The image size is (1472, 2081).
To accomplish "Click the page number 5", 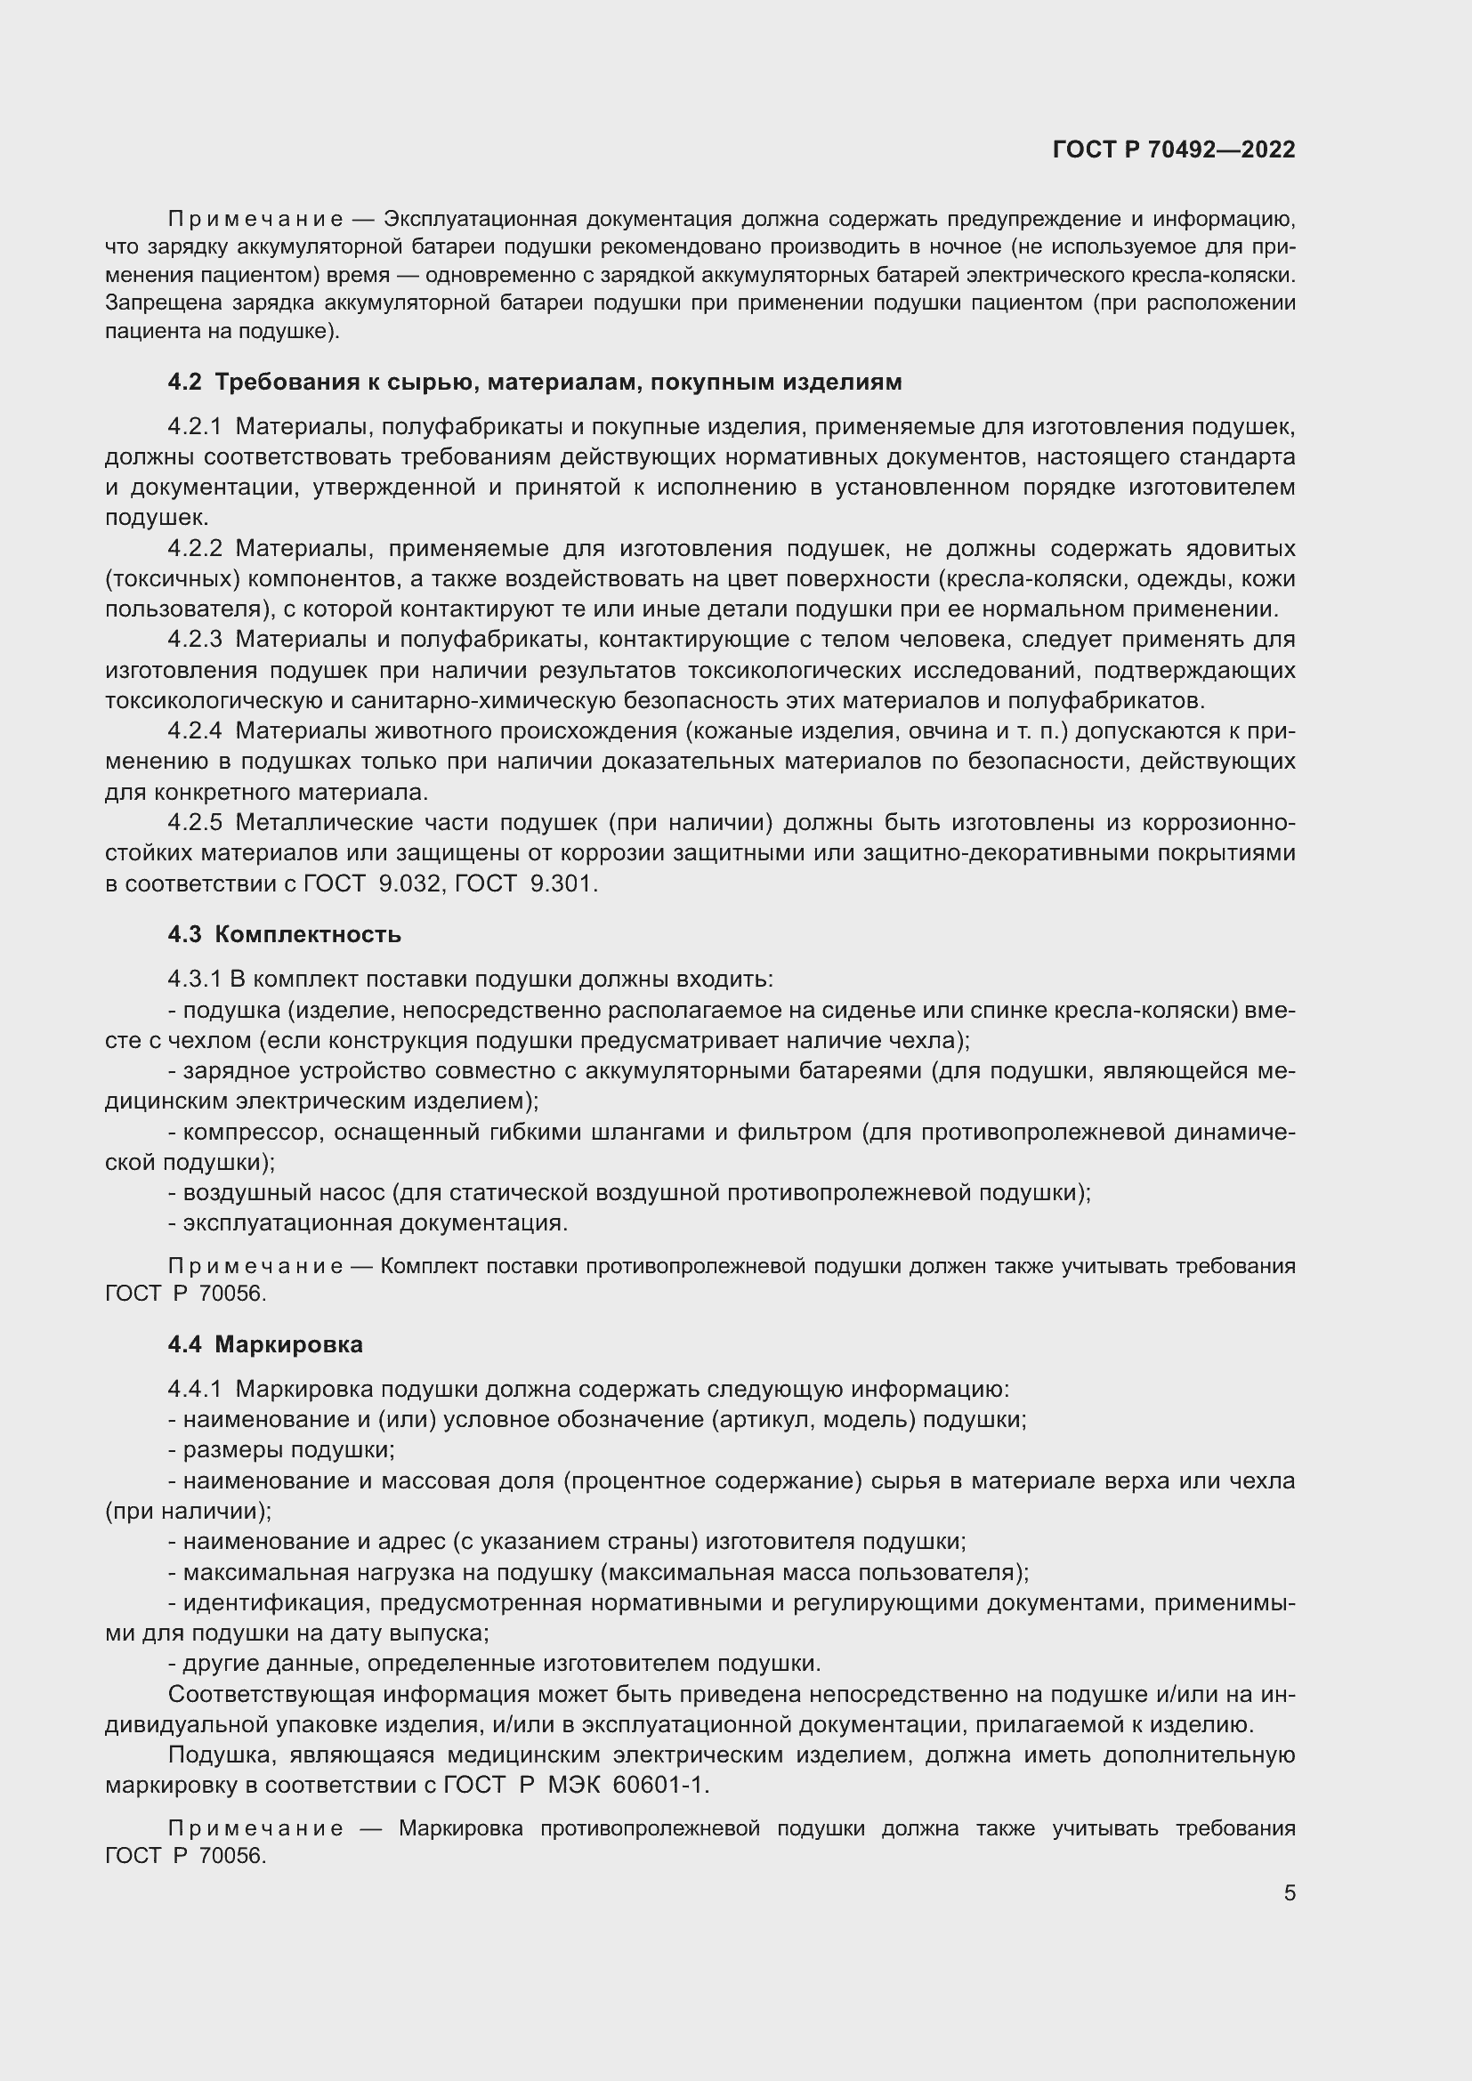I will [1289, 1892].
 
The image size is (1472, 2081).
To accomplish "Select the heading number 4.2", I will [185, 383].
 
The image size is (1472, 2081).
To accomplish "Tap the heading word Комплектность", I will [307, 934].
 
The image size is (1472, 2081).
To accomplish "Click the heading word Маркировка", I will [288, 1344].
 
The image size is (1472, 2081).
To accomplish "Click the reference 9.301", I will [562, 883].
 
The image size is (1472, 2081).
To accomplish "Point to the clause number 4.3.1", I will [194, 980].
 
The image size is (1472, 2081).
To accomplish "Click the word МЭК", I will [575, 1785].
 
